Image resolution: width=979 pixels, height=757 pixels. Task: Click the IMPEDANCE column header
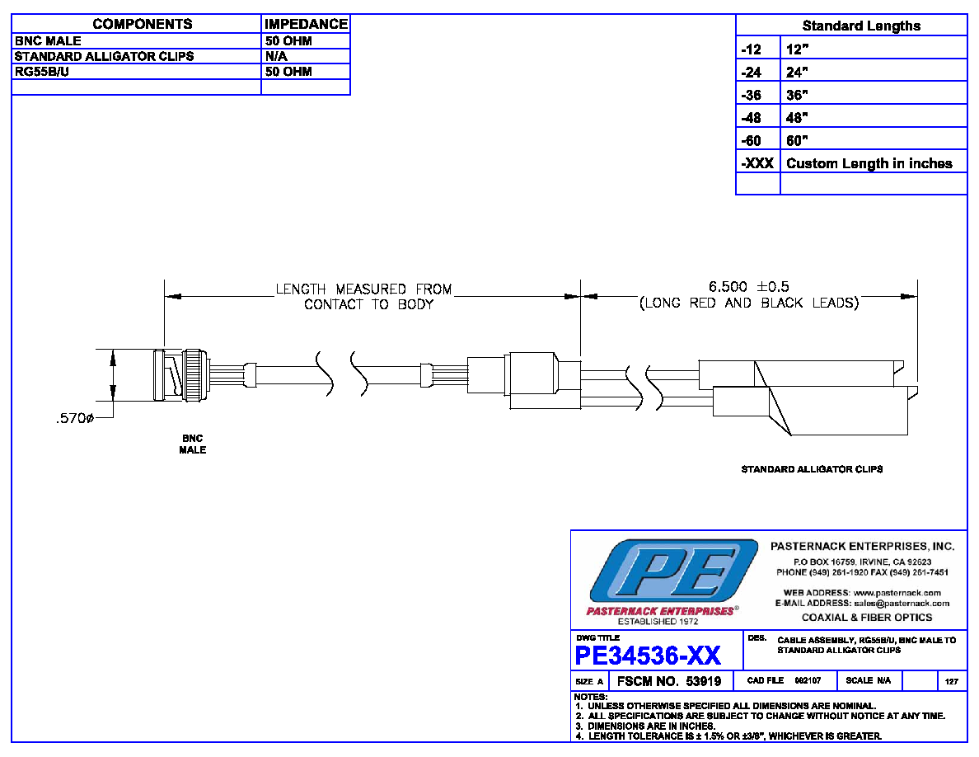(306, 24)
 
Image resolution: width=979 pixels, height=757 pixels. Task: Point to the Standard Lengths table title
(861, 26)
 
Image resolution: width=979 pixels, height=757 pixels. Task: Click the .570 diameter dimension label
(75, 418)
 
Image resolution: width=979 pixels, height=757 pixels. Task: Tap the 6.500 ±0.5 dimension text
(748, 287)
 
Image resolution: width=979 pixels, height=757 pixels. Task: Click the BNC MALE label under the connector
(192, 444)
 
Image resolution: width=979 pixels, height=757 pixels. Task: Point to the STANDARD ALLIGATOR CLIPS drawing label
(812, 469)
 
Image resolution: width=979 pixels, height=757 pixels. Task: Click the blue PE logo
(673, 571)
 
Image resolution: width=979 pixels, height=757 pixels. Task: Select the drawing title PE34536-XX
(648, 656)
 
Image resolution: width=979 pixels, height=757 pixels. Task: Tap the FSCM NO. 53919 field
(668, 681)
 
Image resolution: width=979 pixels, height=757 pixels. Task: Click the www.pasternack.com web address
(897, 593)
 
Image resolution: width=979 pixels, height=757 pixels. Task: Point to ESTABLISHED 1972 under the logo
(658, 622)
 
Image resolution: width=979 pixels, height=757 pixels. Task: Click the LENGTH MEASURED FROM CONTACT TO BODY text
(364, 297)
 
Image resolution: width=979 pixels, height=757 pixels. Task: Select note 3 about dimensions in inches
(645, 726)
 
